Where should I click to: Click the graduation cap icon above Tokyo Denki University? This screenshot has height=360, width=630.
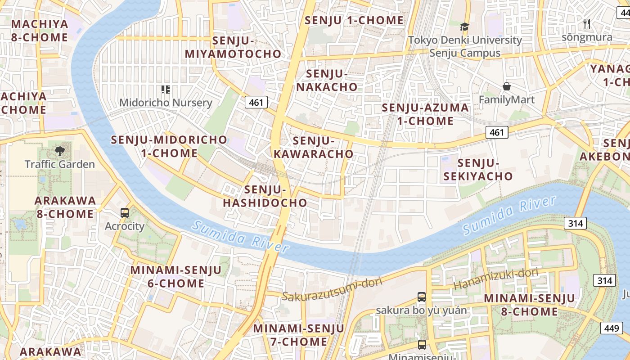(464, 27)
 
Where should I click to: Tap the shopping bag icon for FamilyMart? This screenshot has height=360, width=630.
(507, 86)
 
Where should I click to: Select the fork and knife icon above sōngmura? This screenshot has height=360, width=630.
(587, 24)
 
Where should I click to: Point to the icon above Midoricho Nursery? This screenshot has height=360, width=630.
(165, 90)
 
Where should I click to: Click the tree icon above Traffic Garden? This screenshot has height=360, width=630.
(59, 151)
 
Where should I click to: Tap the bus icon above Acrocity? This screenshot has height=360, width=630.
(125, 213)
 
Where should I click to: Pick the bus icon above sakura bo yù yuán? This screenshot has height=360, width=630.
(422, 297)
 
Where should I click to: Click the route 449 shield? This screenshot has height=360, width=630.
(612, 328)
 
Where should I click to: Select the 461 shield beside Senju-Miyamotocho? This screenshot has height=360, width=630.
(256, 103)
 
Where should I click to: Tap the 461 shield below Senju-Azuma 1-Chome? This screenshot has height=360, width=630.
(497, 132)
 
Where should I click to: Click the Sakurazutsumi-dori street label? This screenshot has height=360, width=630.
(332, 289)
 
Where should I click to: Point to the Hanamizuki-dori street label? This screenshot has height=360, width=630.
(495, 279)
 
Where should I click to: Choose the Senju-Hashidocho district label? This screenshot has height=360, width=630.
(265, 196)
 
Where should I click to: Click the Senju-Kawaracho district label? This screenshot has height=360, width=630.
(314, 147)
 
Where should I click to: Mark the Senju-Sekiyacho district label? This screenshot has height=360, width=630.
(478, 170)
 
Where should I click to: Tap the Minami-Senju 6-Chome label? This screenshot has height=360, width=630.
(176, 277)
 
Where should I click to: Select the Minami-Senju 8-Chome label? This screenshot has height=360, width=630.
(529, 305)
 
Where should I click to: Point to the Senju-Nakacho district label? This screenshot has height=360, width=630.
(327, 80)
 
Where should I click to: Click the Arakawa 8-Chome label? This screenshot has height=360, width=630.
(66, 207)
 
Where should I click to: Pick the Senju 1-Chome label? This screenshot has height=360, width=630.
(354, 20)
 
